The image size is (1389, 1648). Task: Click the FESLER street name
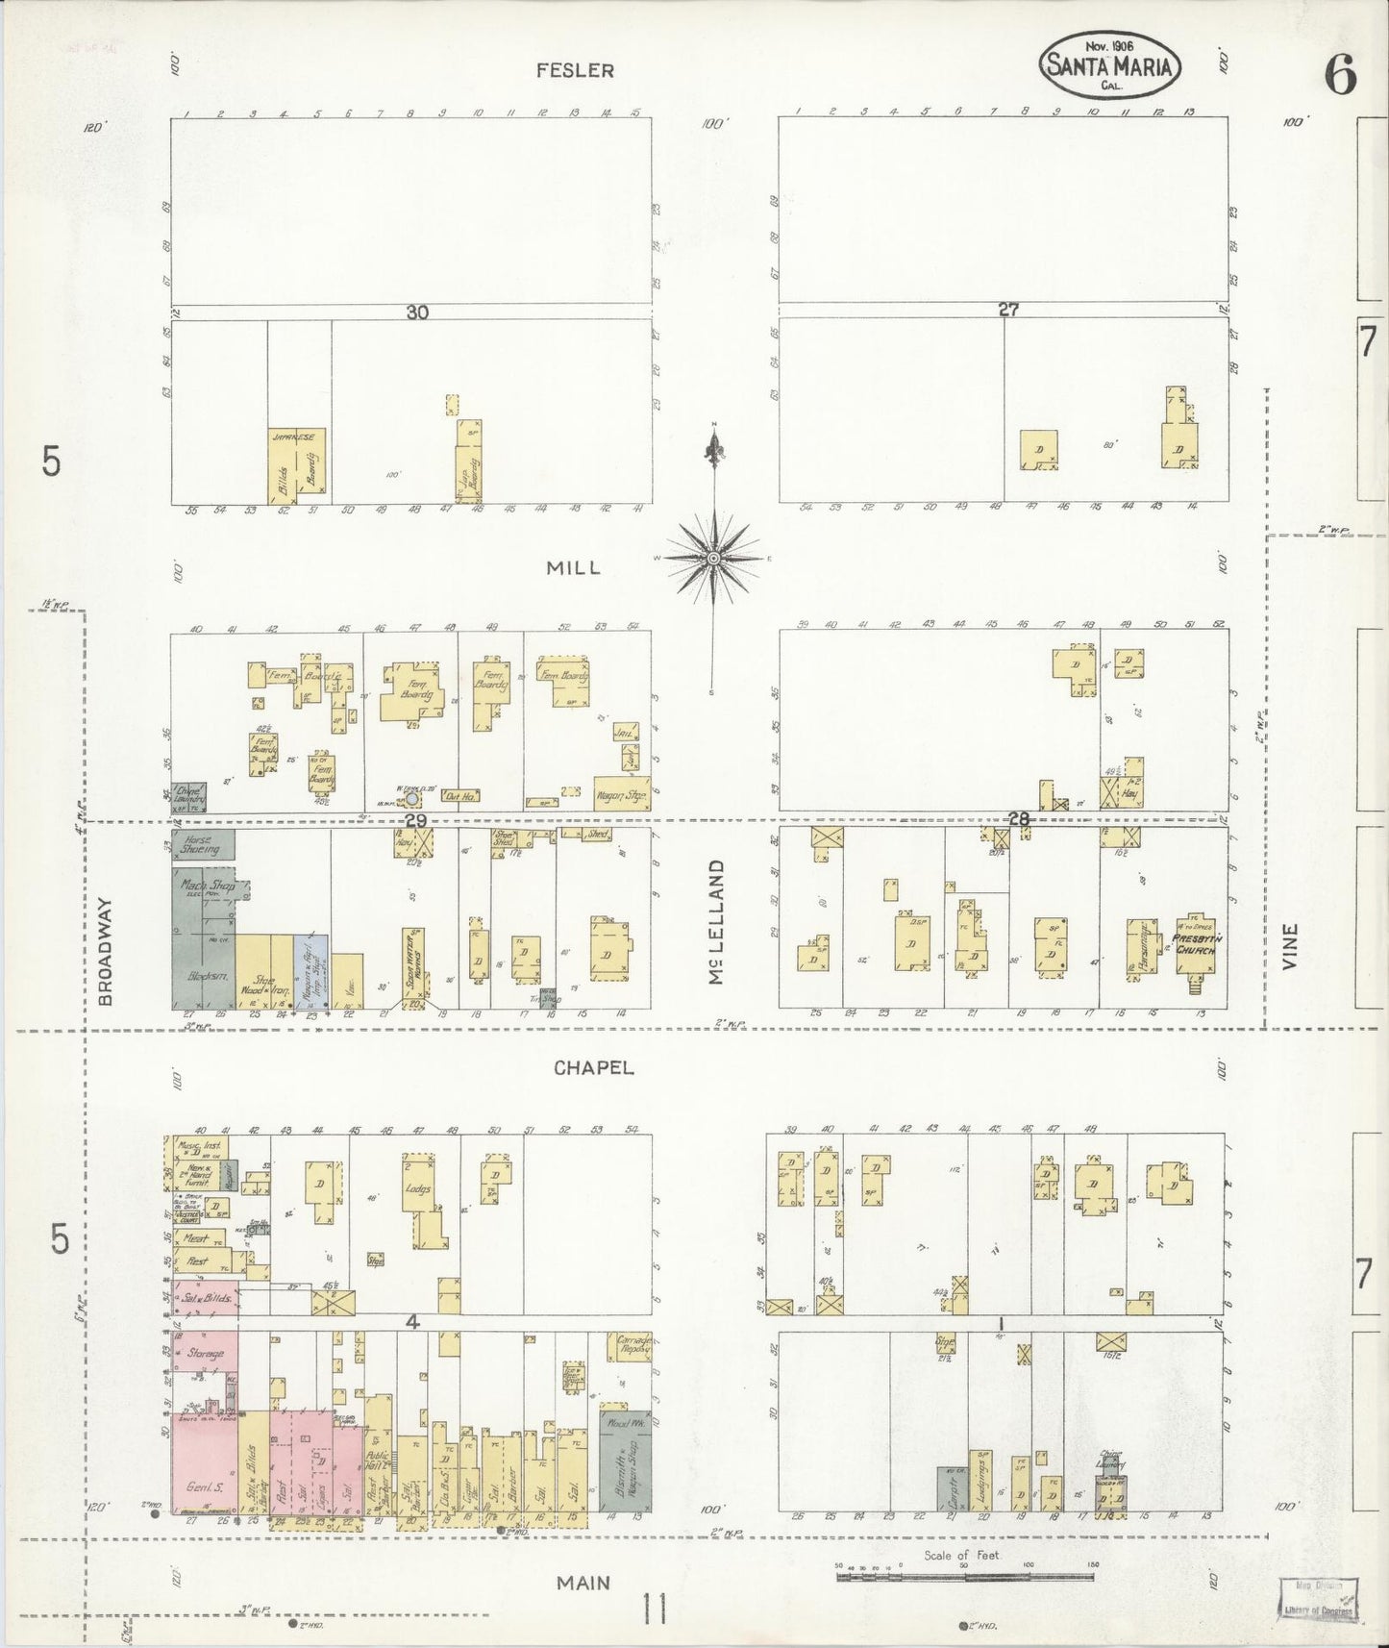click(575, 70)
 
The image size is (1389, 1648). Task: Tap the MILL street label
click(574, 567)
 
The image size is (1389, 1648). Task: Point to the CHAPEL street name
click(594, 1067)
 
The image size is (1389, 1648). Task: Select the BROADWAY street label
click(106, 952)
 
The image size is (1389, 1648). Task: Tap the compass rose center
click(713, 558)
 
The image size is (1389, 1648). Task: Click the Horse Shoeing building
click(203, 844)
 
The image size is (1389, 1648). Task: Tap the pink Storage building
click(205, 1353)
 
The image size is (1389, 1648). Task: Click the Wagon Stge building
click(622, 793)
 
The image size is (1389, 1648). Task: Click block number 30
click(416, 312)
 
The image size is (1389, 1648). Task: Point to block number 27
click(1007, 310)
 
